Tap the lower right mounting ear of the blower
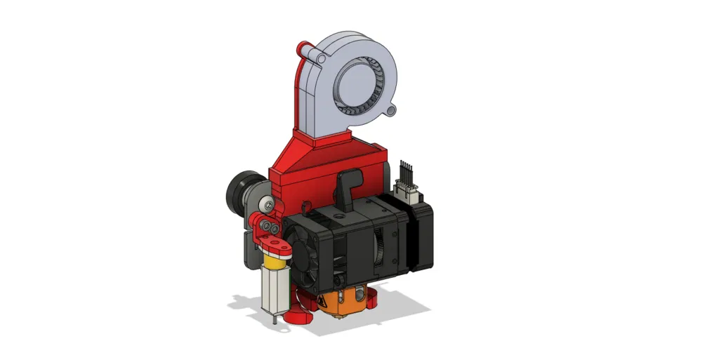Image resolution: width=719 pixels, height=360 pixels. (392, 110)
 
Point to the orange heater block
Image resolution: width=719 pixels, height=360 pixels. (337, 302)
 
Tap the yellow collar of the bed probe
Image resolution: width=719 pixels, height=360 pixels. (275, 262)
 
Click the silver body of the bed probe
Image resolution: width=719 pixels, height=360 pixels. (275, 291)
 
